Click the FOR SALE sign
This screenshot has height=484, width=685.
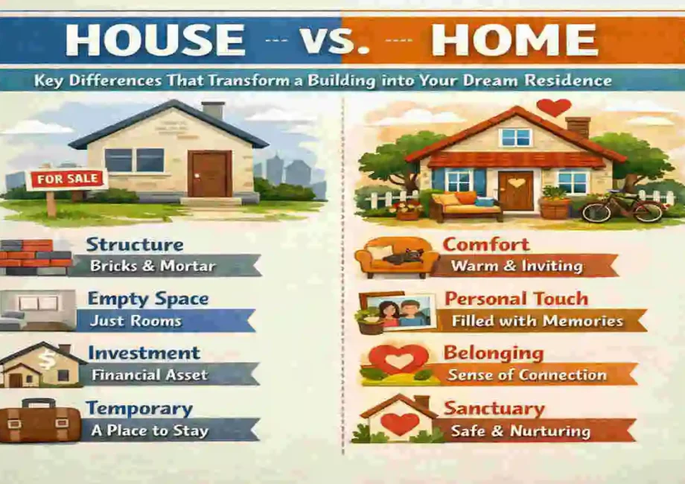point(67,179)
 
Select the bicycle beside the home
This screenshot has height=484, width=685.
point(623,206)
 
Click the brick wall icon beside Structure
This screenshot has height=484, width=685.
point(36,258)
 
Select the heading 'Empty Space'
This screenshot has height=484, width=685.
point(148,299)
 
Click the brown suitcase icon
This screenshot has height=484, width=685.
point(39,421)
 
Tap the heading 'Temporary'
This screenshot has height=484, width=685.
point(139,408)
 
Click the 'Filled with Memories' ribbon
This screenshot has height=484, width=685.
point(536,322)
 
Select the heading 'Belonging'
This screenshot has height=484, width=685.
point(493,352)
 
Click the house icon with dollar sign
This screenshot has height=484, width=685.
point(41,366)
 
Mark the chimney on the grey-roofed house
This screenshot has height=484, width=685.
point(213,110)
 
